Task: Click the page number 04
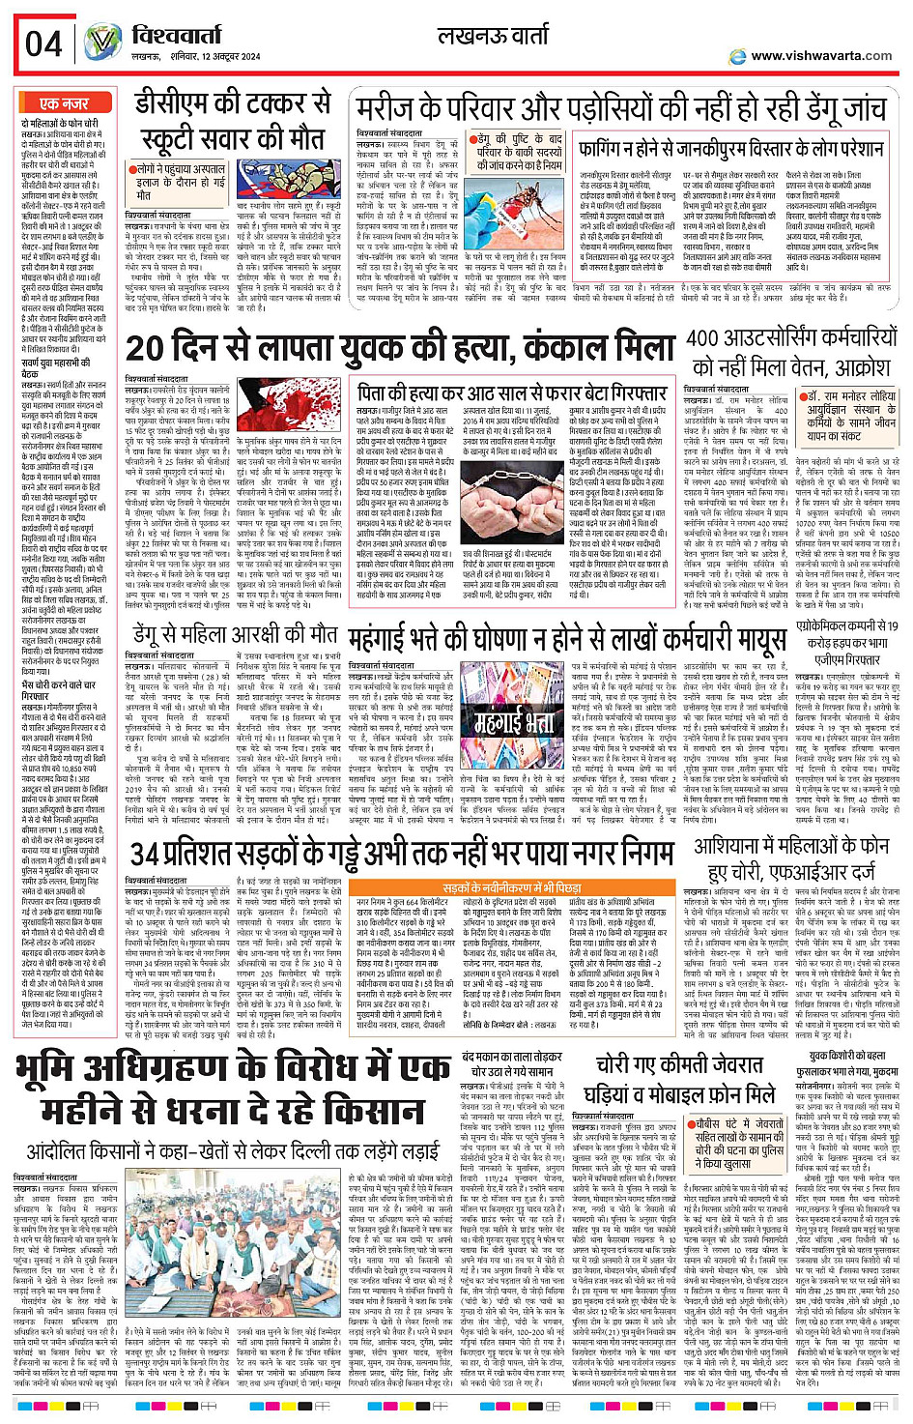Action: click(43, 44)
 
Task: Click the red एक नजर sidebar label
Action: click(64, 103)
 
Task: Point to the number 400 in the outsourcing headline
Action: click(715, 339)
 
